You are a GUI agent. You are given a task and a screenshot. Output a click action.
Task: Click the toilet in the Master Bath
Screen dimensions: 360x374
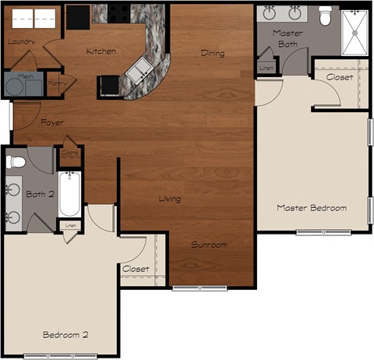tap(326, 14)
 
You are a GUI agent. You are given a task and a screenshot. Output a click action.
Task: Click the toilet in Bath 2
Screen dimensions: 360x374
tap(15, 162)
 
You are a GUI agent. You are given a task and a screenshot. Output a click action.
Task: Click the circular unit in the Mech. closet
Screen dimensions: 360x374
tap(14, 85)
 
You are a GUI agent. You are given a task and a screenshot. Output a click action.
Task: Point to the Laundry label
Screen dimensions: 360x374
tap(21, 41)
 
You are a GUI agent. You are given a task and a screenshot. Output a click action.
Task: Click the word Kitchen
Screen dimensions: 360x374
tap(101, 51)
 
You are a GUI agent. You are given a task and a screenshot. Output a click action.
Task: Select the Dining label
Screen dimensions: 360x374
tap(212, 54)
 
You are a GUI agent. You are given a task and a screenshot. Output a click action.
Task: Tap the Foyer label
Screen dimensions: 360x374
tap(53, 122)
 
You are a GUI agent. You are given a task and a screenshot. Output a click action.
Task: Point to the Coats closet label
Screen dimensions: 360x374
tap(69, 154)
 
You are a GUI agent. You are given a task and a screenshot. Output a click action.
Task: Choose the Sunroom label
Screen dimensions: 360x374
tap(210, 245)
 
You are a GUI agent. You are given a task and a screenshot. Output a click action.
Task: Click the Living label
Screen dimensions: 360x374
tap(170, 199)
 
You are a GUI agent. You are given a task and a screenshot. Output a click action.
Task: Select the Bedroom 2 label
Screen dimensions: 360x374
tap(65, 334)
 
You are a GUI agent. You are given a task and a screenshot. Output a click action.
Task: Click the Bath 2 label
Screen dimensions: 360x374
tap(39, 193)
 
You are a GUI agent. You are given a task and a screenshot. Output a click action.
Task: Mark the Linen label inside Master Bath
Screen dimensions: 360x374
tap(266, 67)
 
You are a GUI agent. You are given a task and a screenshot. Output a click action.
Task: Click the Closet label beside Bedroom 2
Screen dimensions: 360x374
tap(136, 269)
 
